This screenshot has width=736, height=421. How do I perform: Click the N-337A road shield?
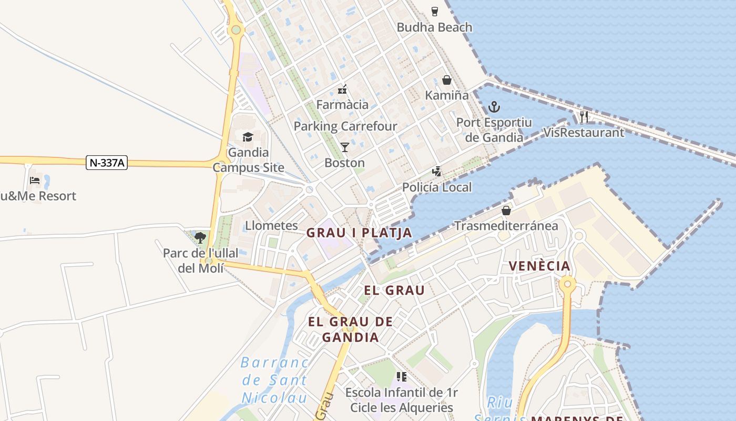pos(107,163)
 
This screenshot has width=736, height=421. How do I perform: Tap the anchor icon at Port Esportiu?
pos(494,107)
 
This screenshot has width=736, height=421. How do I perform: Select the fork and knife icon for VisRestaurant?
pos(584,116)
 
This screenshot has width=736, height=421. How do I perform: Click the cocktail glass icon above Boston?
pos(345,147)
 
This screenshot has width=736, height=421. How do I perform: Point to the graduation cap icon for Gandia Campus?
pos(248,137)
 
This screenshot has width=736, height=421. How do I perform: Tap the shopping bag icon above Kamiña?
pos(447,80)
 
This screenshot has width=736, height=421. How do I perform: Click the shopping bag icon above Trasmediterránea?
pos(506,210)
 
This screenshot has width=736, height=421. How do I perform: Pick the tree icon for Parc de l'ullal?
pos(200,238)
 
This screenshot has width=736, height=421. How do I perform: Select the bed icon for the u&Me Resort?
pos(35,181)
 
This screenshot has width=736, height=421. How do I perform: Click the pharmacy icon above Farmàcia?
pos(342,89)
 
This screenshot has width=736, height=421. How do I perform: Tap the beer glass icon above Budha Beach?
pos(435,11)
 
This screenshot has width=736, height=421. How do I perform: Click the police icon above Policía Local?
pos(436,171)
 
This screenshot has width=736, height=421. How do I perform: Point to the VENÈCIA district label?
pos(540,266)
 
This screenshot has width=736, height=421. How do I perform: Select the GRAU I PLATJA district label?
pos(359,233)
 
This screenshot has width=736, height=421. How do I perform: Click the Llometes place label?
pos(271,226)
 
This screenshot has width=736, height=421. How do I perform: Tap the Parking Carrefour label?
pos(345,126)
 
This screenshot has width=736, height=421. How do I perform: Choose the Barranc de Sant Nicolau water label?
pos(275,380)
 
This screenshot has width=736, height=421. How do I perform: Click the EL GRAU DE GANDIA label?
pos(351,329)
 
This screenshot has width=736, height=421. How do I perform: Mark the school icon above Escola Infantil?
pos(402,377)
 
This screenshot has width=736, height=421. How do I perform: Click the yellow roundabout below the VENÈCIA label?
pos(568,285)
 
